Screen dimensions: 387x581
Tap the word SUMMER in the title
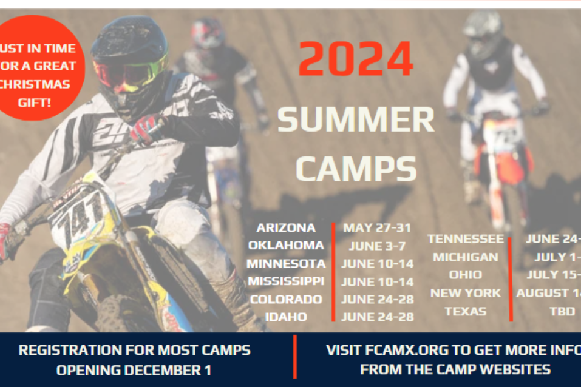pyautogui.click(x=356, y=120)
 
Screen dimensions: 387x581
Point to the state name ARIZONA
pyautogui.click(x=286, y=228)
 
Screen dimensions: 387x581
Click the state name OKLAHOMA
pyautogui.click(x=286, y=246)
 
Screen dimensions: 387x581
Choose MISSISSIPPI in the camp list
pyautogui.click(x=286, y=281)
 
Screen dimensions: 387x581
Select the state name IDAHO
pyautogui.click(x=286, y=317)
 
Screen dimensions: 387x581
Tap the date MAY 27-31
pyautogui.click(x=377, y=228)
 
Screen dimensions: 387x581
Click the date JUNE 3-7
pyautogui.click(x=377, y=246)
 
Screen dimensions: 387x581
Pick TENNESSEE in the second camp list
pyautogui.click(x=466, y=239)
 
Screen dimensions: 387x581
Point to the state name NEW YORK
pyautogui.click(x=466, y=293)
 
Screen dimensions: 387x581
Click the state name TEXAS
pyautogui.click(x=466, y=311)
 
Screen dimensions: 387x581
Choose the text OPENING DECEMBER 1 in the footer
pyautogui.click(x=134, y=369)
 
